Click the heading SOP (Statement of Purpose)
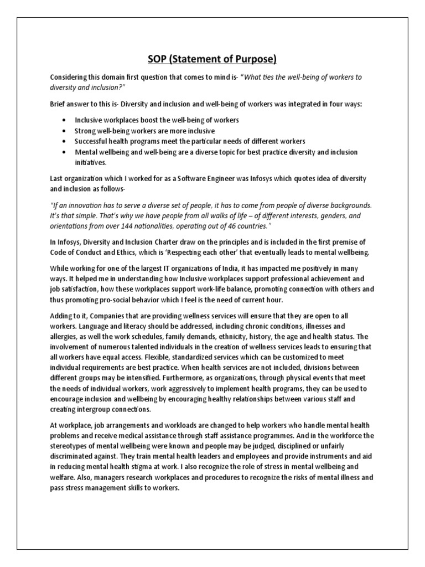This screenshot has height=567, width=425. [x=212, y=59]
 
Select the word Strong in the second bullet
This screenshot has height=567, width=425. [x=86, y=131]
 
